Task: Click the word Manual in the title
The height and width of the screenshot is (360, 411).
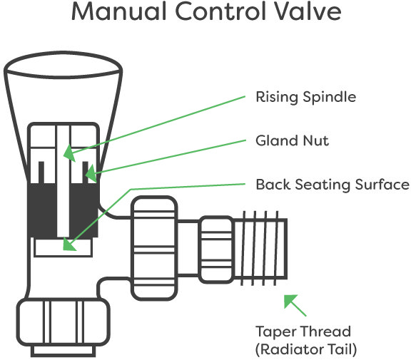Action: click(119, 11)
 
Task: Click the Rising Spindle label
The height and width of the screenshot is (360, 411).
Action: click(305, 98)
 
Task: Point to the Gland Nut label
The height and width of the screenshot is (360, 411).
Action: click(292, 140)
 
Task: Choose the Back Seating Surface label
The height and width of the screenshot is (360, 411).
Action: click(333, 185)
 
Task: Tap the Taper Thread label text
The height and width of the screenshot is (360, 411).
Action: click(303, 331)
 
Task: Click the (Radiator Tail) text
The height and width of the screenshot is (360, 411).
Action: click(306, 349)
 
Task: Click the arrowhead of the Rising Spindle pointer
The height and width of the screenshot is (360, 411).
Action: click(69, 153)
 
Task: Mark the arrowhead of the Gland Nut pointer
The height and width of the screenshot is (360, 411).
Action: click(91, 173)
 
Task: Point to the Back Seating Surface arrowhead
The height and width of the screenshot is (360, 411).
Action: click(69, 245)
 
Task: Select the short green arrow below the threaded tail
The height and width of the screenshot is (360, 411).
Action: click(295, 305)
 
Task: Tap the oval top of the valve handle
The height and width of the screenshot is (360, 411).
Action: click(64, 65)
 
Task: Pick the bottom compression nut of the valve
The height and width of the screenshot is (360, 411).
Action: click(64, 322)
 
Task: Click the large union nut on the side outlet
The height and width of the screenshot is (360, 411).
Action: click(154, 248)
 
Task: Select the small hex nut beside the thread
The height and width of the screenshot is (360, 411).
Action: click(216, 250)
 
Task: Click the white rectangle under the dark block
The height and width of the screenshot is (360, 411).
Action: click(64, 247)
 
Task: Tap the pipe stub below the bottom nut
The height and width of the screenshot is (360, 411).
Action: click(64, 351)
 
